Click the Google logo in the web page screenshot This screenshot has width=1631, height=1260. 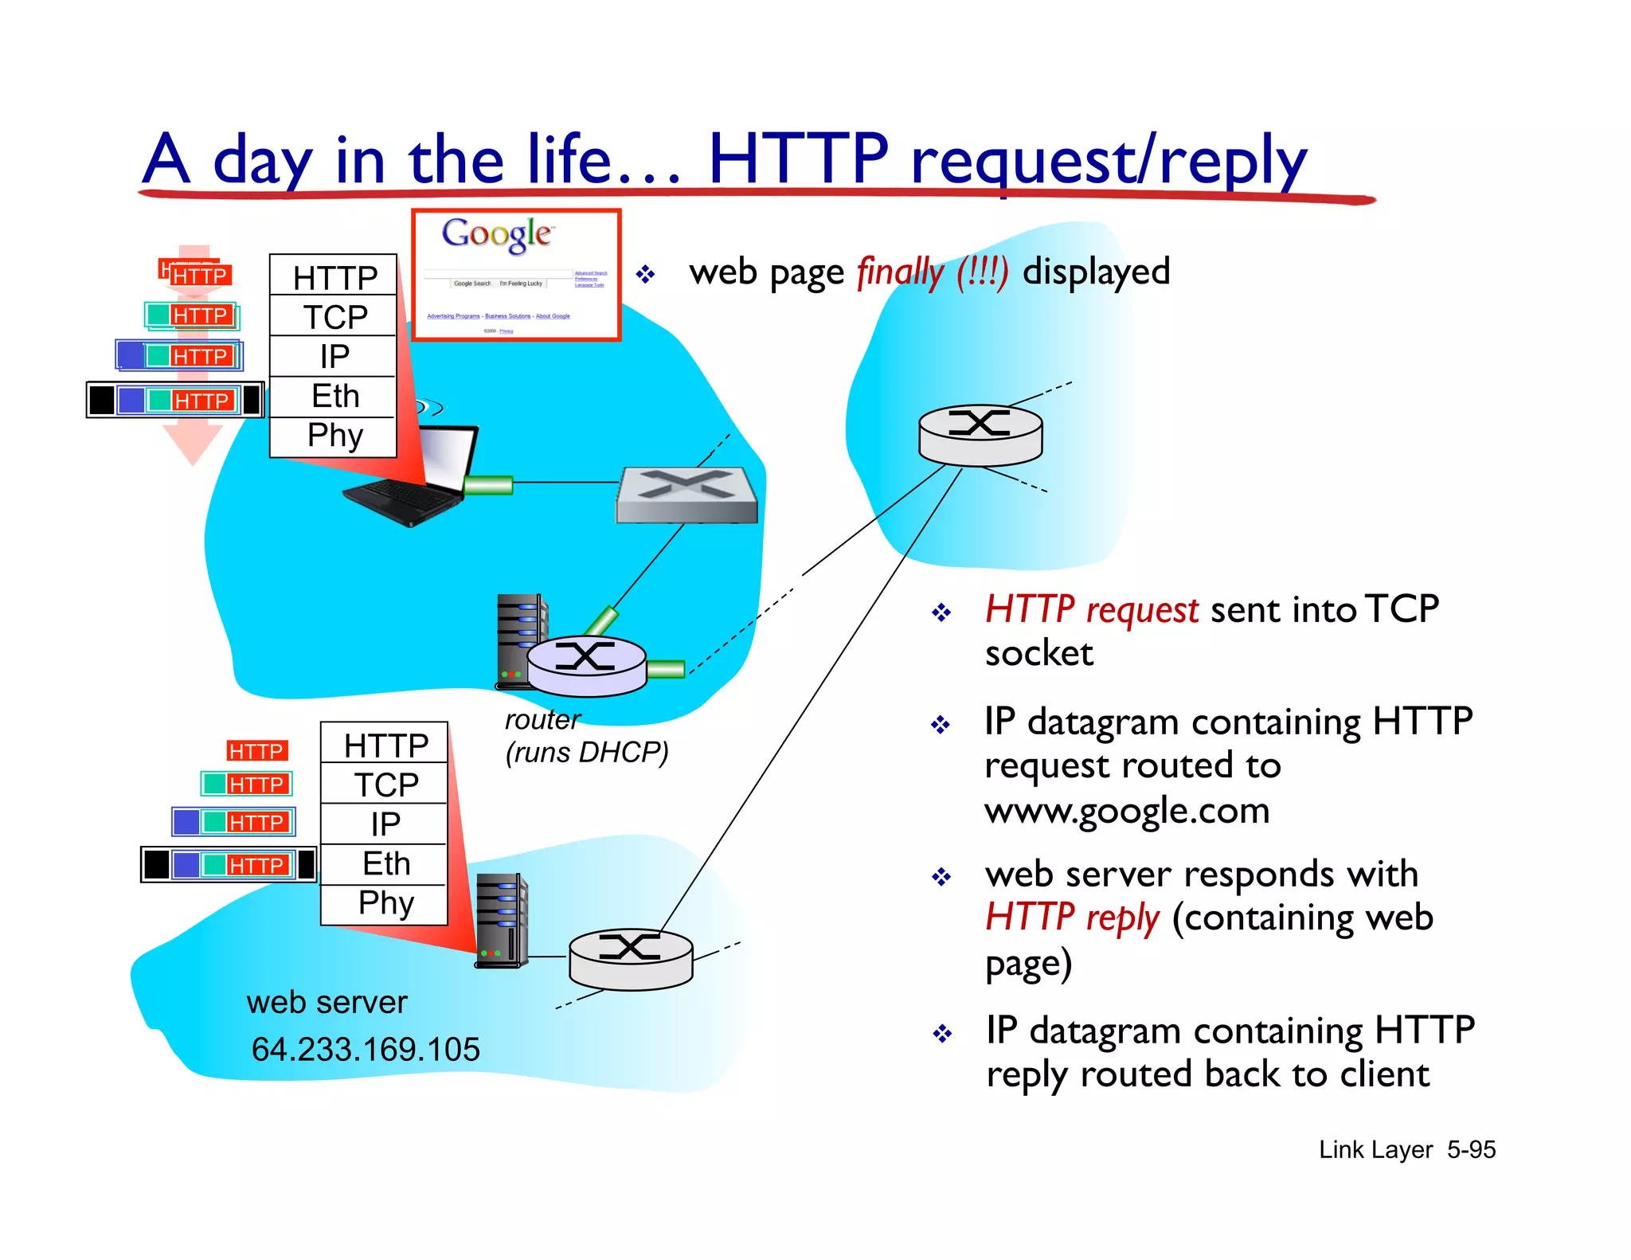(496, 234)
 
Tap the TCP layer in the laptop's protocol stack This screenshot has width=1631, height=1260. (334, 317)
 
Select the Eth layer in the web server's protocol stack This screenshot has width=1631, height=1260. (385, 864)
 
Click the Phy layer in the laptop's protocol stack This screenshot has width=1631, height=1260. (334, 436)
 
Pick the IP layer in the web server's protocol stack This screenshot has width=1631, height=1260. (385, 824)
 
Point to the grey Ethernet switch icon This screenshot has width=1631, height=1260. (686, 495)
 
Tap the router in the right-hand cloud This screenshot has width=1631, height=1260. (980, 435)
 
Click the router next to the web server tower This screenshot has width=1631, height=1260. (631, 958)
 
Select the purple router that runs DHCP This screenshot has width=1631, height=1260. (587, 665)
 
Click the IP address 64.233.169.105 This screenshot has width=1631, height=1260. (366, 1050)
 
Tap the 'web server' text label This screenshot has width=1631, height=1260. (327, 1002)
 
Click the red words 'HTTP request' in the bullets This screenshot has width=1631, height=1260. (1091, 610)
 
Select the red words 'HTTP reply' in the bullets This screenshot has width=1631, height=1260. (1072, 918)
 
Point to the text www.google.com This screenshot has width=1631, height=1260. (1127, 811)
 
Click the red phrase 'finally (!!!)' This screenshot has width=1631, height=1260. (933, 272)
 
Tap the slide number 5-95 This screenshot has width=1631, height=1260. (1471, 1149)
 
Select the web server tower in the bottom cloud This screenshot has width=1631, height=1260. (502, 920)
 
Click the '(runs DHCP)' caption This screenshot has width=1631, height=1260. (587, 753)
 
